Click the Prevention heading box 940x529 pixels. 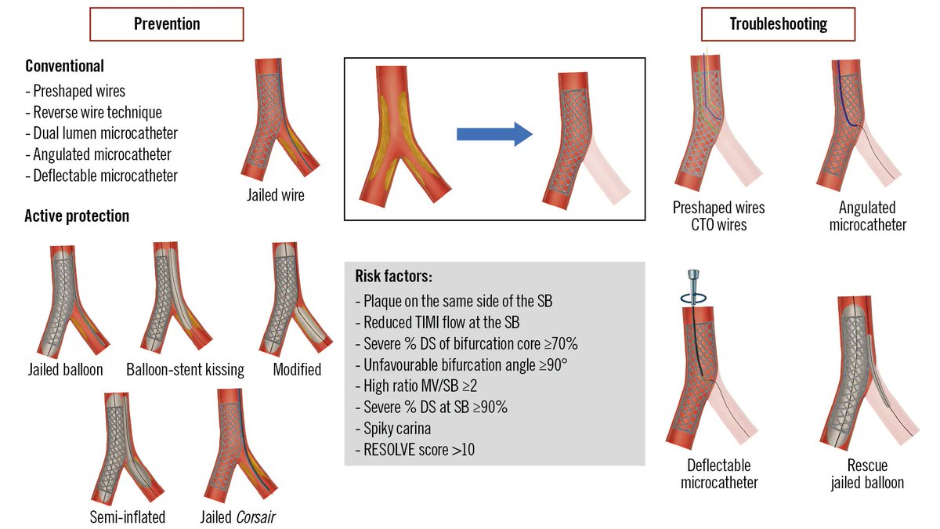point(167,24)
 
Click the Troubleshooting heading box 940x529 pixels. point(778,24)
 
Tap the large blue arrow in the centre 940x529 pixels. point(494,134)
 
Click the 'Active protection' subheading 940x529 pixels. point(77,216)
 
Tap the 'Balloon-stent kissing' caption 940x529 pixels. point(185,369)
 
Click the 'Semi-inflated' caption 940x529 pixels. point(127,516)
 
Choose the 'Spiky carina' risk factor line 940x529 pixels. point(397,429)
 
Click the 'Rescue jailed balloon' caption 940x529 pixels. point(867,473)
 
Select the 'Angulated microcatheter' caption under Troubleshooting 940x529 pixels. point(867,216)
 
